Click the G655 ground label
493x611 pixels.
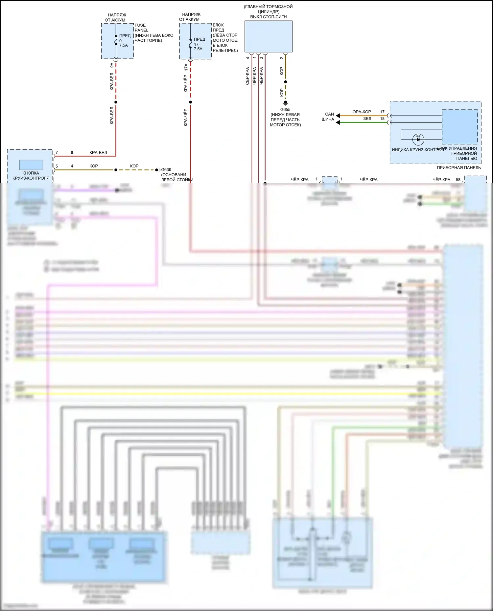285,110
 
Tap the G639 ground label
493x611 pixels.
166,170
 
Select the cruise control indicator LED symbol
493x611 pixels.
418,139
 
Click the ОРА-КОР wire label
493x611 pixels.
362,112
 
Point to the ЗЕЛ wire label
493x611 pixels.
367,119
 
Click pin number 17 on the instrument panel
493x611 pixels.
382,112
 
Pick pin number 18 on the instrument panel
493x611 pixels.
382,119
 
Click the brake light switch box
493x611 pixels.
268,36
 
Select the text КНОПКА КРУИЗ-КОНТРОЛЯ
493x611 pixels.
31,176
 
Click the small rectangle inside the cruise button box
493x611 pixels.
31,165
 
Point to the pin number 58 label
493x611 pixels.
458,180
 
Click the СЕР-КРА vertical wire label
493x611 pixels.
247,76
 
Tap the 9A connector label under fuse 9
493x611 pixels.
112,66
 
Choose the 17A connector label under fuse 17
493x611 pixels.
186,67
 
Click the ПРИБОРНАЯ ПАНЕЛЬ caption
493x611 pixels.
458,168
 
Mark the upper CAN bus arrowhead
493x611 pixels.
338,116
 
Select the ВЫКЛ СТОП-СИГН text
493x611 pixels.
268,17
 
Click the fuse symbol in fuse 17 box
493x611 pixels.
191,44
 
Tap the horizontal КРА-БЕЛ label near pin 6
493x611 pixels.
98,153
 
